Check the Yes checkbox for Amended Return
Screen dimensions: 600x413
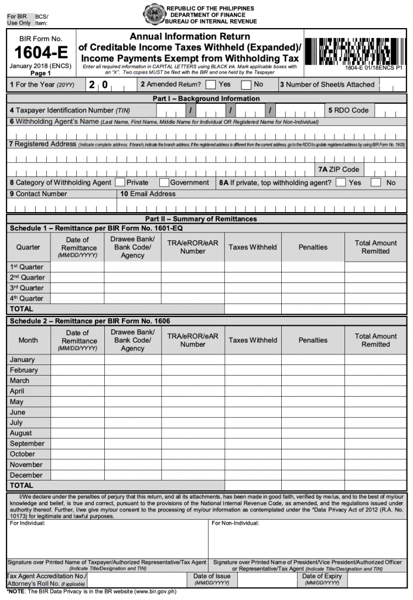(x=211, y=84)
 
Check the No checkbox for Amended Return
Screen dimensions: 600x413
(x=247, y=84)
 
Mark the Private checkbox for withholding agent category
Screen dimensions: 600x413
(x=120, y=182)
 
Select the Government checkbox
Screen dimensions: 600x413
(x=164, y=182)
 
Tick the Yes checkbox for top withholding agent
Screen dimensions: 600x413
(x=341, y=182)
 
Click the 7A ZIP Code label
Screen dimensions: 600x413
(x=339, y=169)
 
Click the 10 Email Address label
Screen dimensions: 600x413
(x=148, y=194)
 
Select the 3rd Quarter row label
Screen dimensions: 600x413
(x=27, y=288)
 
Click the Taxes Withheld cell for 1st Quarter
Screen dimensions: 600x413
(x=252, y=267)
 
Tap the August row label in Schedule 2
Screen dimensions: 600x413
(x=21, y=433)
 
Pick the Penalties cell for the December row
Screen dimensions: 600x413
(x=313, y=475)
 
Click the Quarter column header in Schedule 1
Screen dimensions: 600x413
(x=28, y=247)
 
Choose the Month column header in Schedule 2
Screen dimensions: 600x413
(x=28, y=340)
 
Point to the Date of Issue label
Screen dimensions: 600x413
(x=211, y=576)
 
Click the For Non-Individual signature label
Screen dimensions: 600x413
(x=235, y=523)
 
